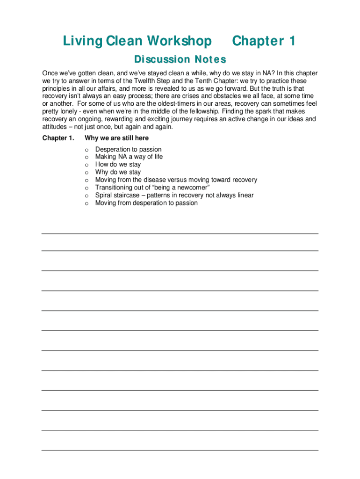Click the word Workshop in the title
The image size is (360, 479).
(180, 42)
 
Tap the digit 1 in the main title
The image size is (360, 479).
(292, 42)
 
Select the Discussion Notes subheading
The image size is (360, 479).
(180, 60)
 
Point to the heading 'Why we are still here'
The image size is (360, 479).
(116, 138)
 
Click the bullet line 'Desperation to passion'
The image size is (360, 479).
(128, 149)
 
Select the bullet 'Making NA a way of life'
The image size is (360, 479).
(129, 157)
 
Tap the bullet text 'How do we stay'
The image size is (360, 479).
(118, 165)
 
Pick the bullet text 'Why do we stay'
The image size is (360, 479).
(118, 172)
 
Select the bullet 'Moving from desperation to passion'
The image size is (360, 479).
(146, 203)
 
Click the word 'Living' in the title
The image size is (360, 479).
(82, 42)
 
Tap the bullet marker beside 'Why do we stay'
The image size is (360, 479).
(86, 172)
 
